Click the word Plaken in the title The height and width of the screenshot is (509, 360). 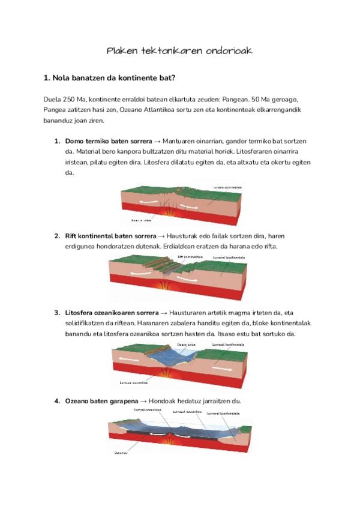point(121,51)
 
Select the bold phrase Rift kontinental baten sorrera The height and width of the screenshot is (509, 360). point(110,235)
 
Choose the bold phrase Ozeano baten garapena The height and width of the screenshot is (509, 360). point(101,400)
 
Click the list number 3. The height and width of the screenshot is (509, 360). point(56,313)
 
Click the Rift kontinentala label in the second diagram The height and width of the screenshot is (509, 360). point(191,256)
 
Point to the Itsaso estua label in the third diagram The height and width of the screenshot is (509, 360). point(186,344)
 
